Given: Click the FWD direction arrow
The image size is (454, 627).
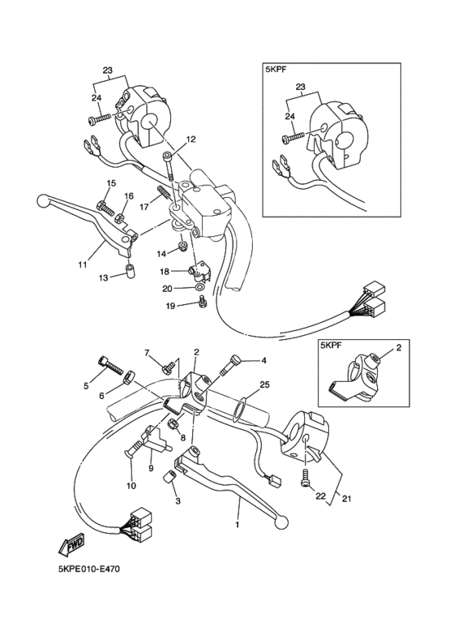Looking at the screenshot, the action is coord(72,545).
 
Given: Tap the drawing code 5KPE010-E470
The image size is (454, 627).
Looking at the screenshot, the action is coord(89,569).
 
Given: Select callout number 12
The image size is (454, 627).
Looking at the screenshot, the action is coord(191,140).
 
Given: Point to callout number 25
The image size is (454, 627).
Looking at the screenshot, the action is coord(264,384).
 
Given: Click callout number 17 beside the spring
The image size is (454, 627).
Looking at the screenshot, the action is coord(144,207).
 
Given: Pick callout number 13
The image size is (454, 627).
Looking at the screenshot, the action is coord(104,277).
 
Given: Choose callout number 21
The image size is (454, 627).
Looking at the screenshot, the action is coord(346,499).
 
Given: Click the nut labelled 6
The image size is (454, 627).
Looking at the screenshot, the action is coord(128,376).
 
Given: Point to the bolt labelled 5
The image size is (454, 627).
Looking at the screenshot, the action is coord(109,365).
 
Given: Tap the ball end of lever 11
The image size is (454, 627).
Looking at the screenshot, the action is coord(42,200).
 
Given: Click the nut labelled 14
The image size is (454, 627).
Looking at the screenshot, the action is coord(183,245).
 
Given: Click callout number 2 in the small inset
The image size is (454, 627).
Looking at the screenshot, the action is coord(397,347).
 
